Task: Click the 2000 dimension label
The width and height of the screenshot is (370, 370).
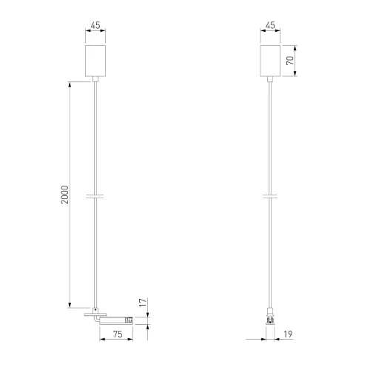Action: click(65, 195)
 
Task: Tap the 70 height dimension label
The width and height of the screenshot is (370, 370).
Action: click(290, 61)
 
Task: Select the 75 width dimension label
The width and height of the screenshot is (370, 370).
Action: click(118, 334)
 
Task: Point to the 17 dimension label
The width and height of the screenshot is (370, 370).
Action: click(143, 303)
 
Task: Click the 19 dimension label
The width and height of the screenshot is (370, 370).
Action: click(288, 334)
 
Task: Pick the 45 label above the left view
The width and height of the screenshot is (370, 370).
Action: click(95, 25)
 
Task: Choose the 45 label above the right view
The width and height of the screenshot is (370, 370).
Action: click(270, 25)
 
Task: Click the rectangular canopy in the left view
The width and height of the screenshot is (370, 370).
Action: click(95, 61)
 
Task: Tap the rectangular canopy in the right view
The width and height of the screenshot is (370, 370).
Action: click(270, 61)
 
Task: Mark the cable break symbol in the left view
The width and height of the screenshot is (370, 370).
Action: click(95, 196)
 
